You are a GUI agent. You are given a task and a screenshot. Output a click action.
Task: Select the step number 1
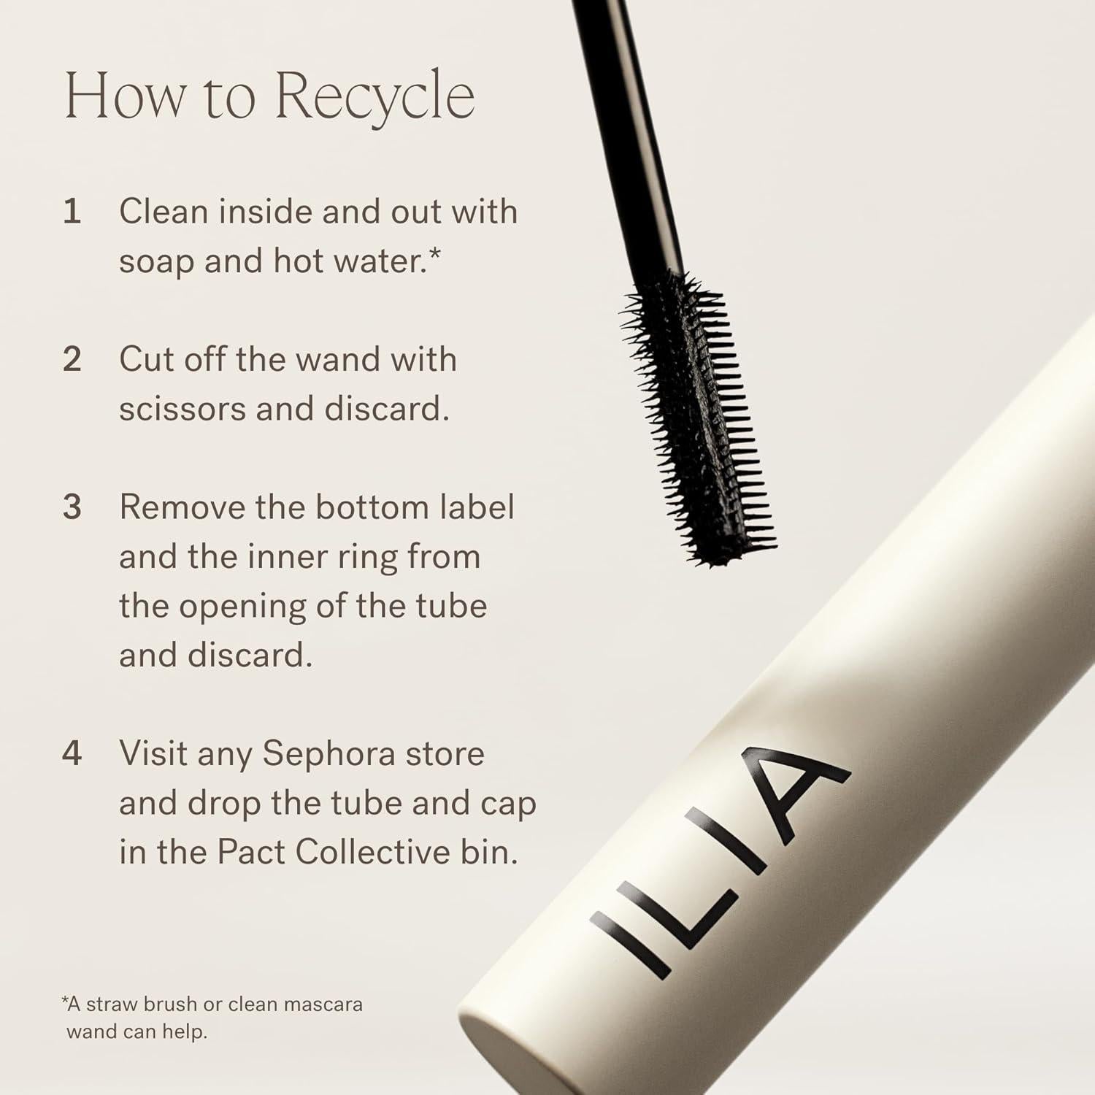coord(72,212)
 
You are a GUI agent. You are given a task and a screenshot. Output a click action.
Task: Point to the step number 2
coord(72,359)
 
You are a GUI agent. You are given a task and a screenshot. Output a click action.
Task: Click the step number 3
coord(72,507)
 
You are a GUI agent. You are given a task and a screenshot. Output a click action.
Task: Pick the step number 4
coord(72,753)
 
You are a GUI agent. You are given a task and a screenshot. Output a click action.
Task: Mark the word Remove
coord(182,507)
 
